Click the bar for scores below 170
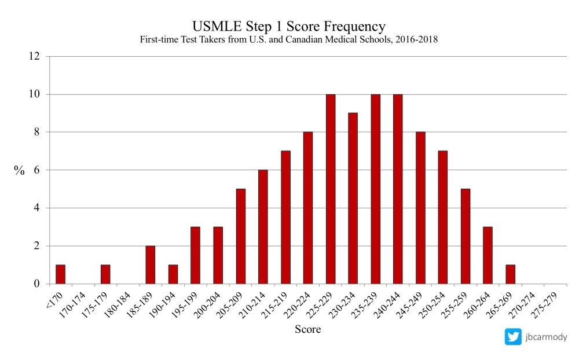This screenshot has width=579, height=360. coord(60,274)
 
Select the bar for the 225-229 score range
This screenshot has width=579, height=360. coord(331,189)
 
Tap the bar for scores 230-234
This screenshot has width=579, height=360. coord(353,199)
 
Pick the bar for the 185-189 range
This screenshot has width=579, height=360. coord(151,265)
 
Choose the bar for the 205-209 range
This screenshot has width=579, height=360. coord(240,236)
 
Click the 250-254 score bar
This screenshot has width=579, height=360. coord(443,217)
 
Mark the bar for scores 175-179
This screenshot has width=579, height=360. coord(105,274)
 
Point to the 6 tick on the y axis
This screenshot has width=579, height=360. coord(37,170)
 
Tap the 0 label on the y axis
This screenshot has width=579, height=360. coord(37,284)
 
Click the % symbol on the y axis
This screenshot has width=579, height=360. coord(20,170)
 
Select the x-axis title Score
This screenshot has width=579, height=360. coord(307,330)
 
